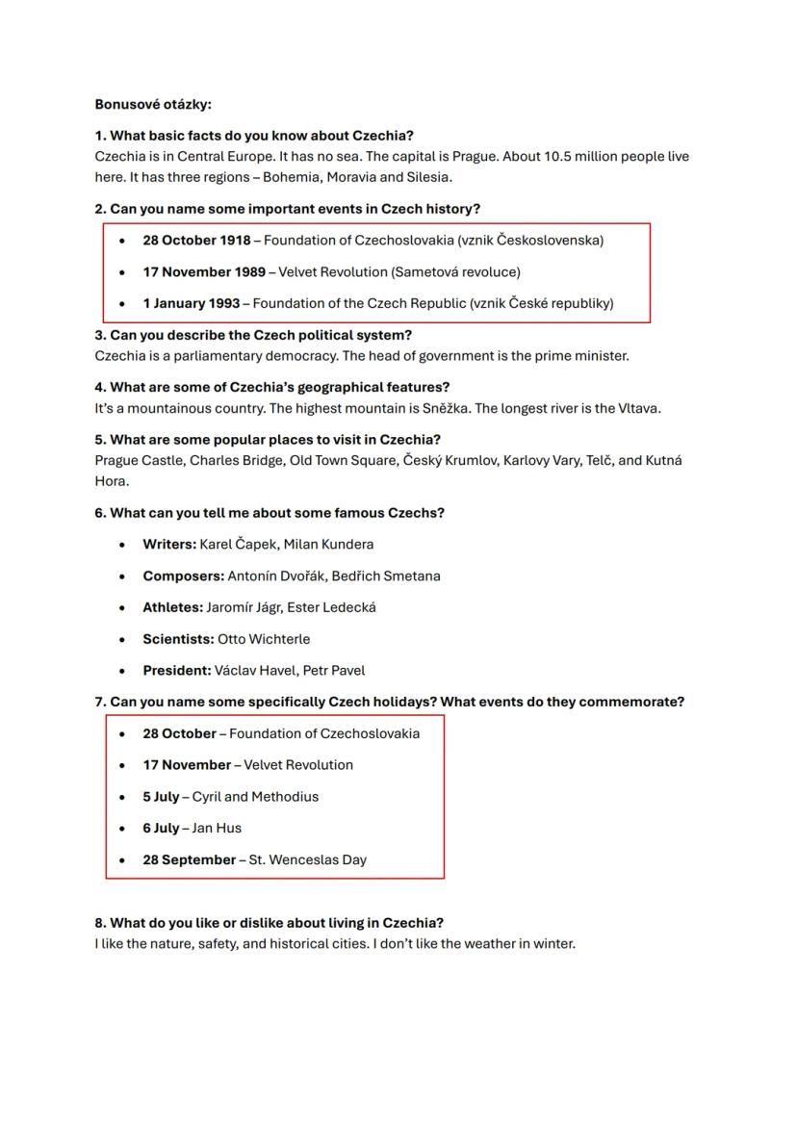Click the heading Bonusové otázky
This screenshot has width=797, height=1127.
(153, 104)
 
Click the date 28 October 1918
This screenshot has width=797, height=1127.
(196, 241)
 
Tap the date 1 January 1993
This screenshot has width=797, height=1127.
(192, 304)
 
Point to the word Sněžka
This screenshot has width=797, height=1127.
(447, 408)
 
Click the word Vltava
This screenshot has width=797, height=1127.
(640, 408)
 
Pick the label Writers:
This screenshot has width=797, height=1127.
(169, 545)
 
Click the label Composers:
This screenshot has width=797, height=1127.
(183, 576)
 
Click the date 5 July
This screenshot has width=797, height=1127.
(161, 797)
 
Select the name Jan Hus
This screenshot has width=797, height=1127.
(217, 829)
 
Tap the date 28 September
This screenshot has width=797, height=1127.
(189, 860)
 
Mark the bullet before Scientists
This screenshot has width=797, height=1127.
(121, 639)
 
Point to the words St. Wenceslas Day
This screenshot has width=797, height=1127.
(308, 860)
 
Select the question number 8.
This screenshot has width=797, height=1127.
(100, 923)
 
